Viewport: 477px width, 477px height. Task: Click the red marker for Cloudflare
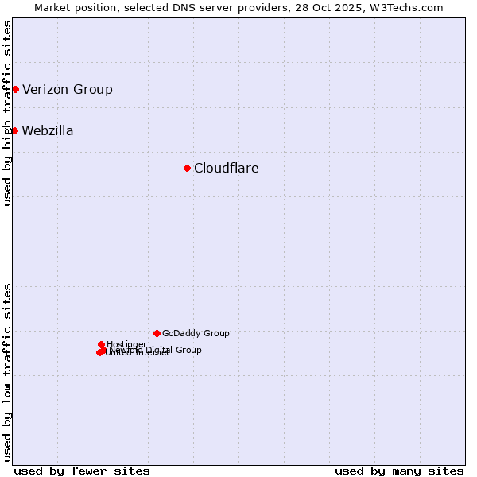[x=187, y=168]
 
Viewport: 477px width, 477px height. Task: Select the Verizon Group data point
[x=15, y=89]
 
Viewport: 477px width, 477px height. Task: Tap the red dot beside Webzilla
[x=14, y=130]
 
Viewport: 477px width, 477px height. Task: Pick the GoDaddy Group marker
[x=157, y=333]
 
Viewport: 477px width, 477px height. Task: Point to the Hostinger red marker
[x=101, y=344]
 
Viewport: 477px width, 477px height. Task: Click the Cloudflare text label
[x=227, y=168]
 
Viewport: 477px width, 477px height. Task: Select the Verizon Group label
[x=68, y=89]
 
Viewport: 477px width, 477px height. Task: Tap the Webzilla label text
[x=48, y=130]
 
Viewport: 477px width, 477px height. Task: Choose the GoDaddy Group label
[x=196, y=333]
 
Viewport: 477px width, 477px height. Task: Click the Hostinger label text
[x=127, y=344]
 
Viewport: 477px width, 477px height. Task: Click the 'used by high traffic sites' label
[x=7, y=114]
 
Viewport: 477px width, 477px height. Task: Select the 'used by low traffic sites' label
[x=7, y=371]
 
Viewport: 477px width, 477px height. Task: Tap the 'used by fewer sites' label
[x=82, y=471]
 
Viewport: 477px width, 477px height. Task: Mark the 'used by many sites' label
[x=399, y=471]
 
